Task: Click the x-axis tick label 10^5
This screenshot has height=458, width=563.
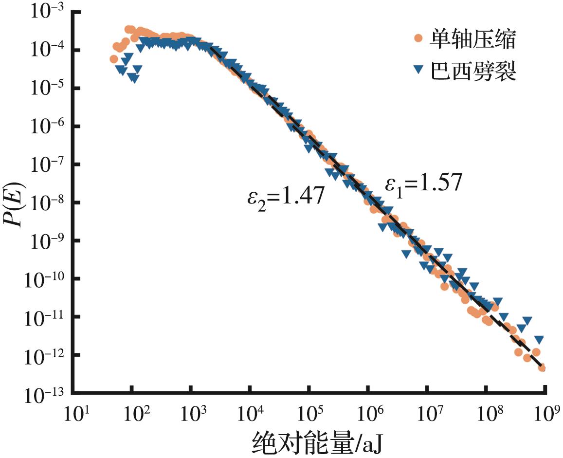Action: click(309, 415)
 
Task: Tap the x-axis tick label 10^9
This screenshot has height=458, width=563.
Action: click(545, 415)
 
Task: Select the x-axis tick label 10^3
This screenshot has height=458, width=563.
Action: click(191, 415)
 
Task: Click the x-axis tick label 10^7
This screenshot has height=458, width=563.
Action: click(427, 415)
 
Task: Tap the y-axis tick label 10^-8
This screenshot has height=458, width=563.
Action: click(43, 203)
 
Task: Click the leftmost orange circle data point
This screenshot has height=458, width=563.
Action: click(113, 59)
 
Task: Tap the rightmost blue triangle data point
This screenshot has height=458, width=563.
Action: click(539, 339)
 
